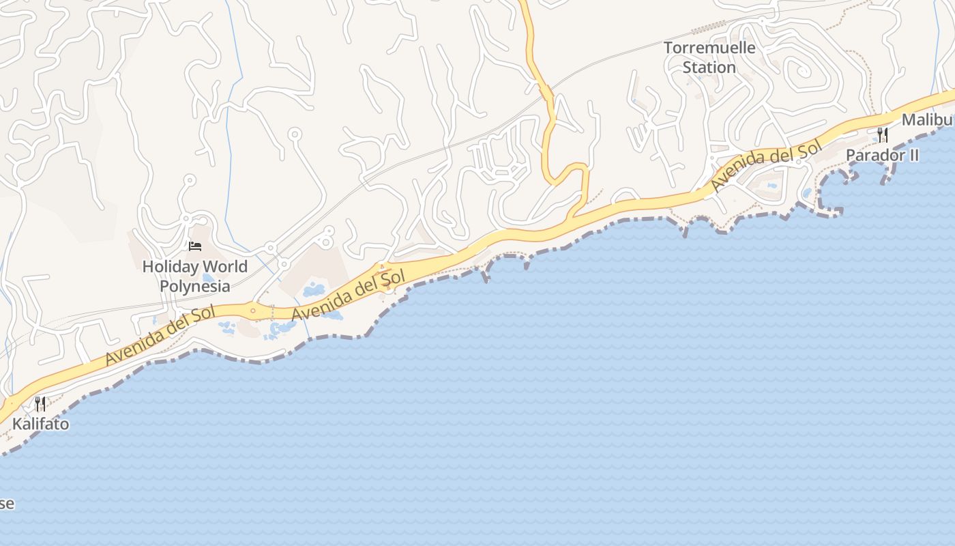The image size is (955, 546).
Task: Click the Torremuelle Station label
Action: [709, 57]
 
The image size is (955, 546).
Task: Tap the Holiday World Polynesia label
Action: [194, 276]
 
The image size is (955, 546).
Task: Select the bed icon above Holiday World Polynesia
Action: [195, 246]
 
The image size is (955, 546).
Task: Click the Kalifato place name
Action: [40, 424]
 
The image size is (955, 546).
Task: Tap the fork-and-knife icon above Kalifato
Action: [40, 404]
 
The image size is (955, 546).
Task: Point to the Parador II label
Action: [882, 155]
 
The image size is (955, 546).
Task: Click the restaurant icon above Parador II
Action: [883, 134]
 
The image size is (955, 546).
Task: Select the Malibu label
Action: [928, 120]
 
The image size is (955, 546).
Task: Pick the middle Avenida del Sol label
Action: [349, 295]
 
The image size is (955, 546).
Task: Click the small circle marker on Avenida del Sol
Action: [253, 311]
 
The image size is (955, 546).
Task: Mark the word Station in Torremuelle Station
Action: [709, 68]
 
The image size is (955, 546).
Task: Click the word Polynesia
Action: [194, 285]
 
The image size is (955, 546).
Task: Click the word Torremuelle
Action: [709, 48]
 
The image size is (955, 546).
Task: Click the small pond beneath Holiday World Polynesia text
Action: [209, 278]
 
